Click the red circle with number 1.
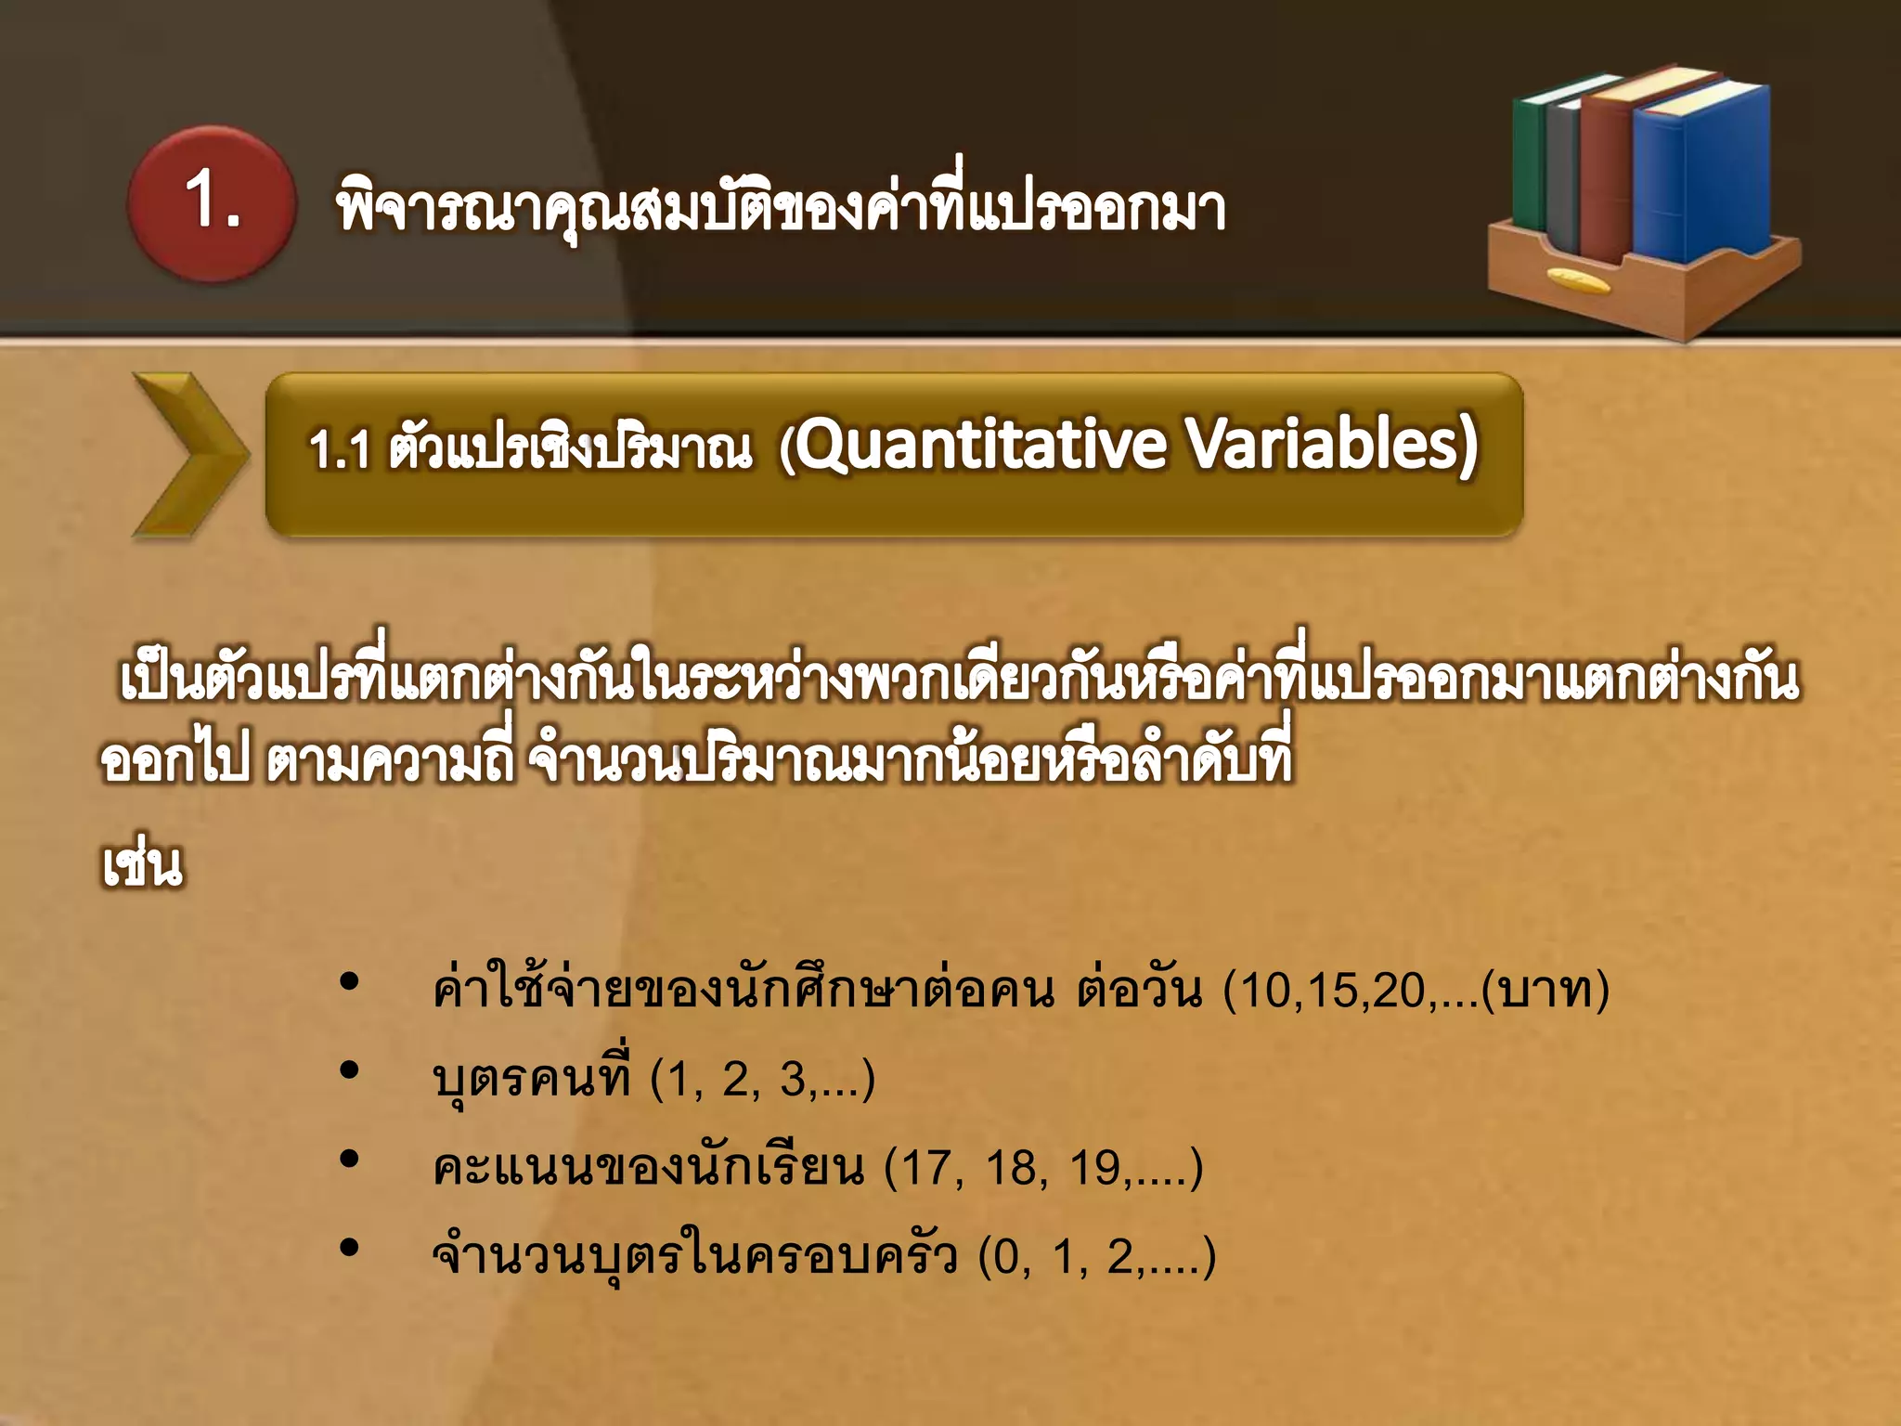click(212, 203)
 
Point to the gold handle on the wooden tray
click(1579, 280)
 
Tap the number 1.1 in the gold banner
click(340, 450)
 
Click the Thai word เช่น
click(142, 865)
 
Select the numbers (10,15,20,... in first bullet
click(1351, 991)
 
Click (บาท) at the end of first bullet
click(1545, 991)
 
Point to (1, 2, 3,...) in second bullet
click(762, 1079)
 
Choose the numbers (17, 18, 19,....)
click(1043, 1167)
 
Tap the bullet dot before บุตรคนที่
click(349, 1070)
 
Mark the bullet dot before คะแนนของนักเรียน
click(349, 1159)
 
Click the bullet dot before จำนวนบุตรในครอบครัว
click(349, 1248)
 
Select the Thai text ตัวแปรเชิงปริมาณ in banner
click(570, 449)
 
